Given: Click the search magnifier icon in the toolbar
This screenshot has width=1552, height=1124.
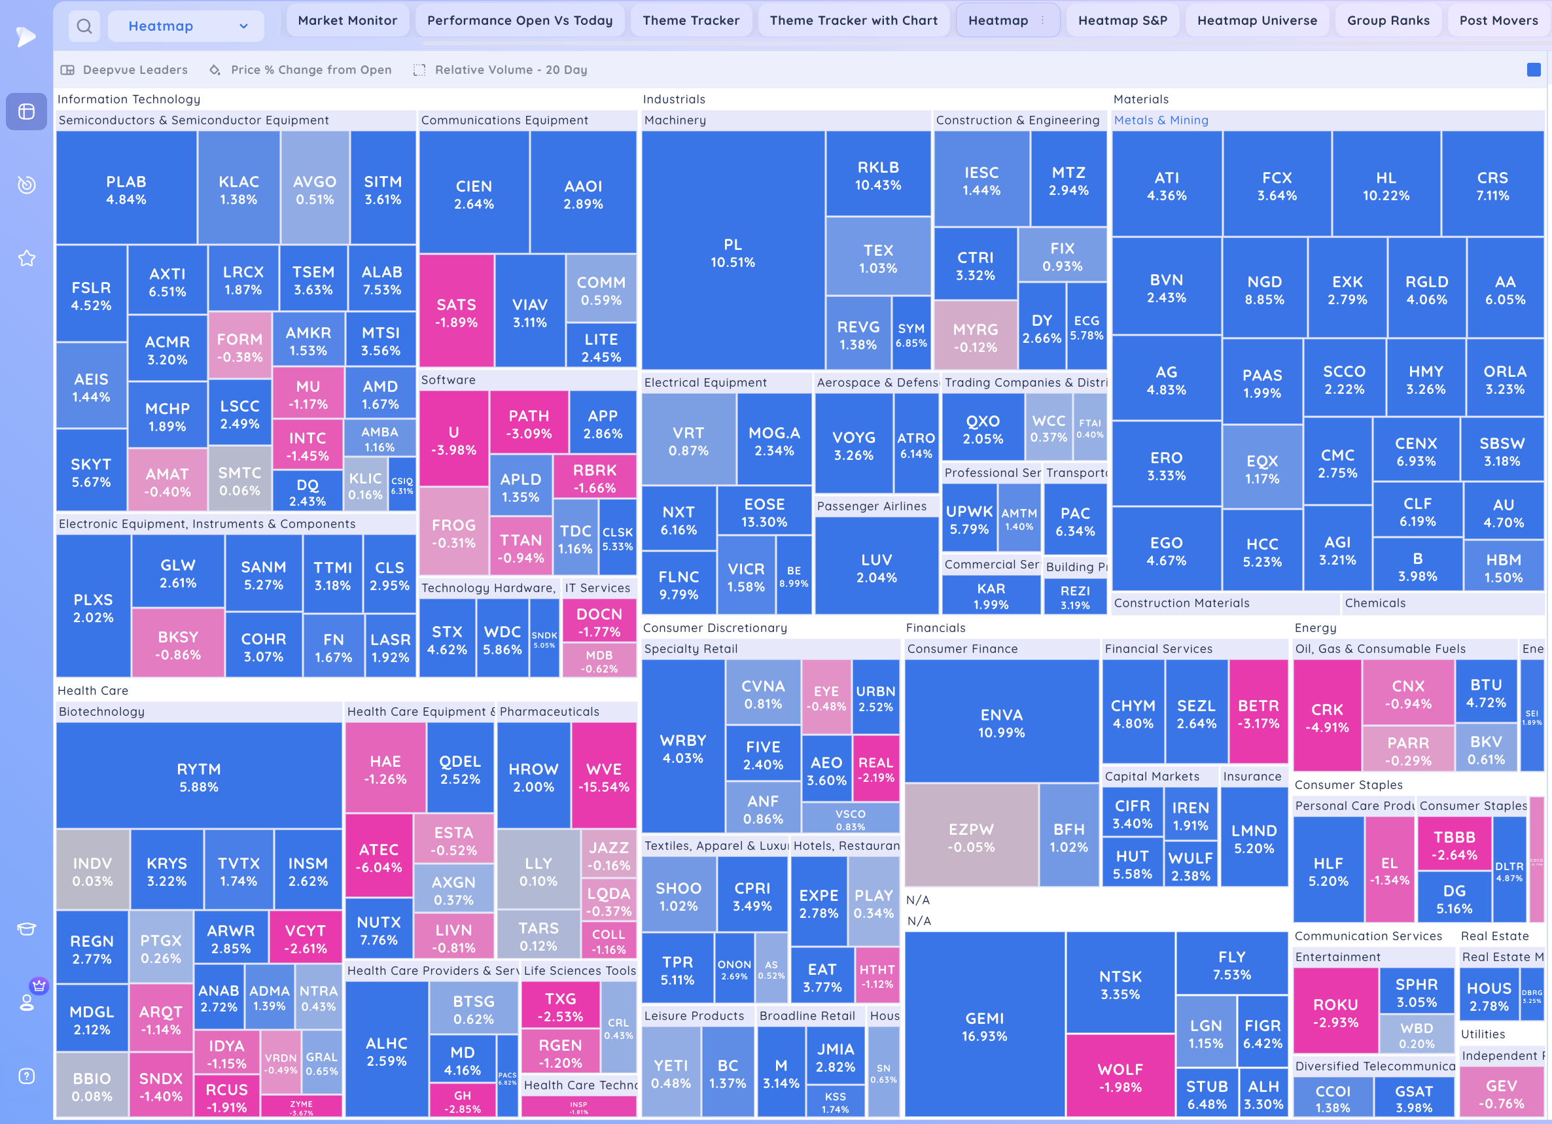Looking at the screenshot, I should click(x=84, y=27).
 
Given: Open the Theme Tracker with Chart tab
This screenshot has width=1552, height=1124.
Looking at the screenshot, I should click(x=853, y=20).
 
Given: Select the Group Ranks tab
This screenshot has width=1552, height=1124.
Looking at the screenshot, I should click(x=1388, y=20).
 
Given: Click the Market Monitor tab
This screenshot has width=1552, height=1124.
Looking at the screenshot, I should click(x=347, y=20).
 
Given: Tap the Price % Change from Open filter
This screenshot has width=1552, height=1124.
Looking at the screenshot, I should click(x=311, y=70).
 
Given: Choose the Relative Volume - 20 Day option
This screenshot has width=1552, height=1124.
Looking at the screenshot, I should click(x=510, y=70).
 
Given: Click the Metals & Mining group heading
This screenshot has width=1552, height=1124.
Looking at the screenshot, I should click(x=1161, y=120).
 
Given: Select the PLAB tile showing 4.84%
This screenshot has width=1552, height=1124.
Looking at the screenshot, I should click(x=126, y=190).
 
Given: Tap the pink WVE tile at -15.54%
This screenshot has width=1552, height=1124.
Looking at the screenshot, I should click(x=603, y=777).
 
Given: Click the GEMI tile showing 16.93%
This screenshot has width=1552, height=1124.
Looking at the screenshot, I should click(x=984, y=1026).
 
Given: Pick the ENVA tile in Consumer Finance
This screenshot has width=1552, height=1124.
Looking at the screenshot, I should click(x=1001, y=722).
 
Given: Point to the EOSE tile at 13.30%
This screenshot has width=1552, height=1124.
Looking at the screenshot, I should click(x=764, y=512).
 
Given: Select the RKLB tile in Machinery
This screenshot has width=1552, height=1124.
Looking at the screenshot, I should click(x=878, y=175).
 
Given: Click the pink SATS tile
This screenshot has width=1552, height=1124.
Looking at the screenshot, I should click(x=457, y=313).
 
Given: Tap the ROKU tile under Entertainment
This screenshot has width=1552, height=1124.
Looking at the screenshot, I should click(x=1335, y=1013).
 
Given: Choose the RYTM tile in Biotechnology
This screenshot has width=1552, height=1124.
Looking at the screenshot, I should click(x=198, y=777).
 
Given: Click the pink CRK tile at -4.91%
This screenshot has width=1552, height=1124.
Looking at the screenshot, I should click(x=1327, y=717).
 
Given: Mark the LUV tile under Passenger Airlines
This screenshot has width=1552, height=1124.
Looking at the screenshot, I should click(x=876, y=568).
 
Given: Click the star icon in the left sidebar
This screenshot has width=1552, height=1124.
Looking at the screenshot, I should click(x=27, y=258).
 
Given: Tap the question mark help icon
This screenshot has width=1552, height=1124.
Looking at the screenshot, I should click(x=27, y=1076).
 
